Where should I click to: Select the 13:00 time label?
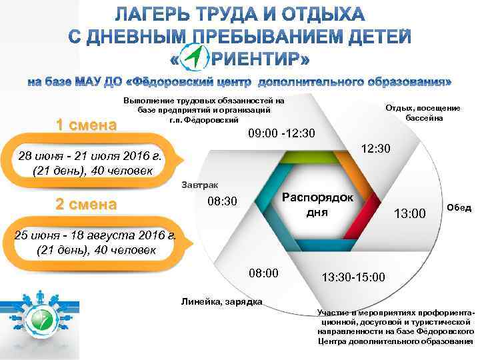pos(410,214)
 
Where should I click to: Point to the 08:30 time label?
pos(223,201)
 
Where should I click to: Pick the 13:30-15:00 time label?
pos(353,276)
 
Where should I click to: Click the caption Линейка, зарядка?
pos(222,302)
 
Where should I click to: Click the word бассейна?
pos(425,117)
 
